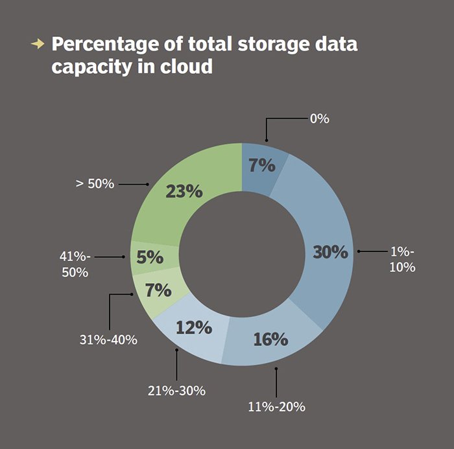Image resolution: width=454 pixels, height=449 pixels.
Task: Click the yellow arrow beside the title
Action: [38, 44]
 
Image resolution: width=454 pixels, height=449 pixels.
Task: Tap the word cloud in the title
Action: [187, 66]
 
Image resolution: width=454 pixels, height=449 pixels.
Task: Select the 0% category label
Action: [320, 119]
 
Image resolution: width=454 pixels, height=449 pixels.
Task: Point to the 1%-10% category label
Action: [403, 260]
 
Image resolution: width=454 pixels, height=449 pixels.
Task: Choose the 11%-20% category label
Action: [277, 407]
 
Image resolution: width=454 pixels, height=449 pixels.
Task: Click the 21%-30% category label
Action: [176, 391]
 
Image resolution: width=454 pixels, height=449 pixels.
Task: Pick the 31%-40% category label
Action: [108, 340]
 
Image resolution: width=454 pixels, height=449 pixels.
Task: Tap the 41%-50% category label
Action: [75, 264]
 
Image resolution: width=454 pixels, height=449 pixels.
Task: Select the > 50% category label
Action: [95, 184]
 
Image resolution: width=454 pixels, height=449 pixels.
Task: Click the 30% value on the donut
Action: [330, 252]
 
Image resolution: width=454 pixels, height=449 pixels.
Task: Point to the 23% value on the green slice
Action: [184, 192]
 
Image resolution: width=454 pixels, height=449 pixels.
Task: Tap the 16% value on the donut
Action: [270, 339]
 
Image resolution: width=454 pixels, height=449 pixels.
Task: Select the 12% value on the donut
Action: [194, 327]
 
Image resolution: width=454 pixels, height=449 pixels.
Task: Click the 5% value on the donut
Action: [150, 257]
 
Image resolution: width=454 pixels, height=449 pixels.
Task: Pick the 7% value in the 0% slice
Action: [262, 165]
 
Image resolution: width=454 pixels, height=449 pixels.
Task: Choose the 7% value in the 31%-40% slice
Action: [158, 290]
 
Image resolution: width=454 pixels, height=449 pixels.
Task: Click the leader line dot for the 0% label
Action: [267, 141]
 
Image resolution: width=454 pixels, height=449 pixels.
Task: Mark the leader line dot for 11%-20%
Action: [276, 369]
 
